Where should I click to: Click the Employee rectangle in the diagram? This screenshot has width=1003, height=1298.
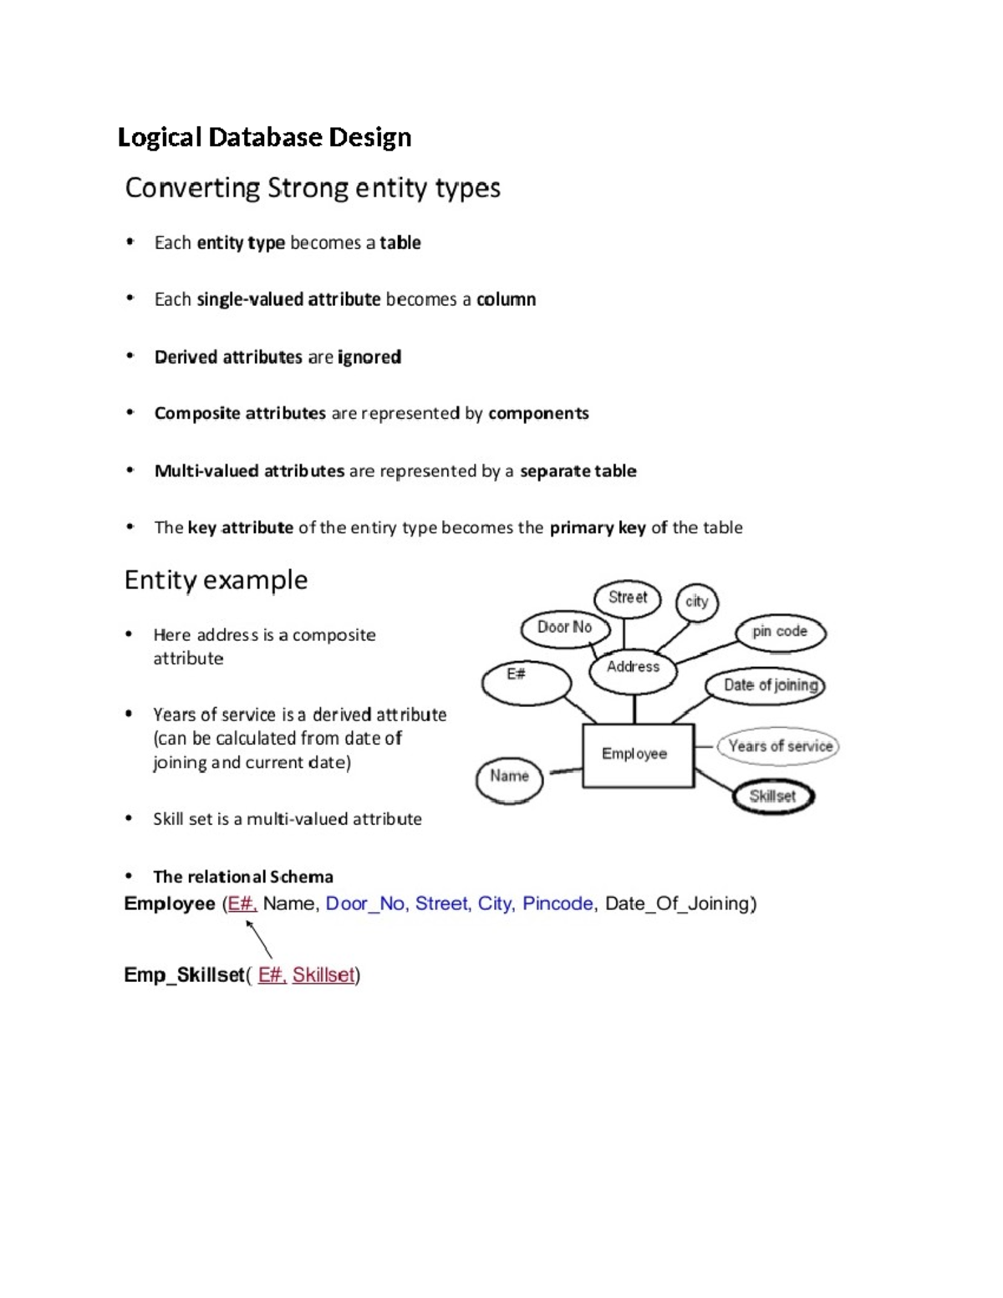coord(637,755)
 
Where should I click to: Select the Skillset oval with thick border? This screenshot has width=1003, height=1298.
coord(773,797)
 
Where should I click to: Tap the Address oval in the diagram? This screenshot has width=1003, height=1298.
coord(633,668)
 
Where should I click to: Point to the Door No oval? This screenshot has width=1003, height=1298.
coord(564,628)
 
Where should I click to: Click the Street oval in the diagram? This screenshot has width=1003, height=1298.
coord(627,598)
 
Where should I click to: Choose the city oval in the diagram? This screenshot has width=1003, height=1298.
coord(696,602)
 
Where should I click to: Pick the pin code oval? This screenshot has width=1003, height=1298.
coord(780,632)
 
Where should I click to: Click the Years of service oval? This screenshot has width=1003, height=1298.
coord(780,746)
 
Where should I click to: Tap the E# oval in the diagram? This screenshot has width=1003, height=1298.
coord(525,682)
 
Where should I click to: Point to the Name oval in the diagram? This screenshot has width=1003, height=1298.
coord(509,776)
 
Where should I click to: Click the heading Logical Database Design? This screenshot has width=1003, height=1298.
coord(264,137)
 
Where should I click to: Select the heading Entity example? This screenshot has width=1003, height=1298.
coord(216,579)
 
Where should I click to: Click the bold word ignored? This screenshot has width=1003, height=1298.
coord(369,357)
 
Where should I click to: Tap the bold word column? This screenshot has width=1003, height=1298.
coord(506,299)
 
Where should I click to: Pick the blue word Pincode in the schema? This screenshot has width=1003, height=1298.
coord(558,904)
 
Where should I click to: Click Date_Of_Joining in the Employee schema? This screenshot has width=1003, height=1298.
coord(680,904)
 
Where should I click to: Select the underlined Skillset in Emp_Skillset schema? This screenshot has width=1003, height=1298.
coord(323,975)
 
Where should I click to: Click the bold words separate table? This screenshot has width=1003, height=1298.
coord(578,471)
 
